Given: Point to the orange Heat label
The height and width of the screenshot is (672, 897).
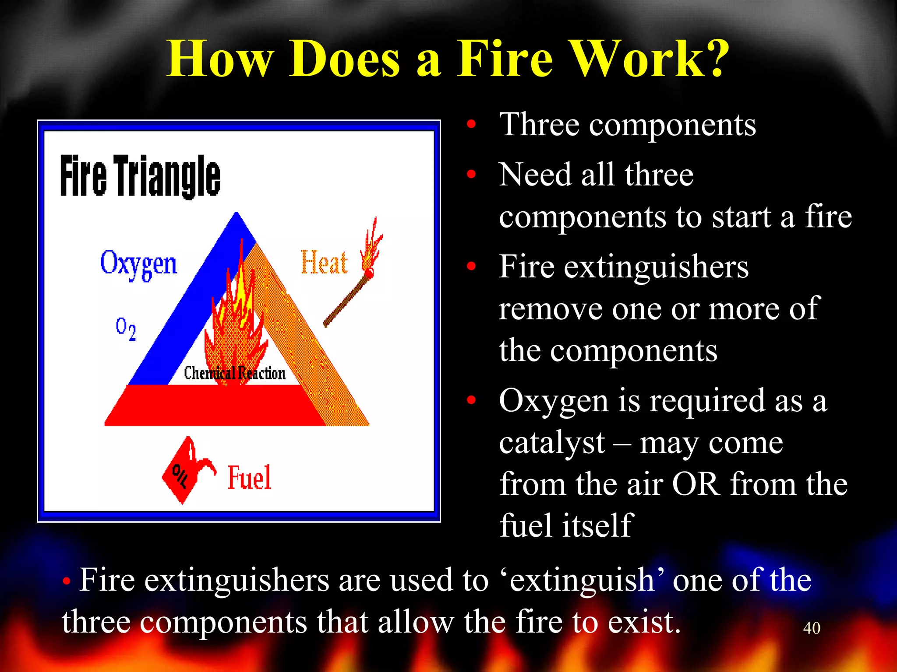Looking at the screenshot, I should pos(324,262).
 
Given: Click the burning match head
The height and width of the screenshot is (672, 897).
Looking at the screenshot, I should pos(369,273).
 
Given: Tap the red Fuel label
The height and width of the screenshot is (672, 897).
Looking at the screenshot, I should pos(249,478).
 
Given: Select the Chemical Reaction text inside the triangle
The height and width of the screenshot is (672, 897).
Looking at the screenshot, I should pos(234,373).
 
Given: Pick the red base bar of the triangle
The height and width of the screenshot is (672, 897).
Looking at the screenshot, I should pos(215,406).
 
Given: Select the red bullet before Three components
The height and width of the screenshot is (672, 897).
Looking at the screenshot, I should pos(471,124).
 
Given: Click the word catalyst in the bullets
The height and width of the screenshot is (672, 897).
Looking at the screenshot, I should pos(552,443).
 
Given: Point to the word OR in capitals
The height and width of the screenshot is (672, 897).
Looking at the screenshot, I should pos(696,484).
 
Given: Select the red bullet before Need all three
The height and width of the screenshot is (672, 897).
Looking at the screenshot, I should pos(471,174).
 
